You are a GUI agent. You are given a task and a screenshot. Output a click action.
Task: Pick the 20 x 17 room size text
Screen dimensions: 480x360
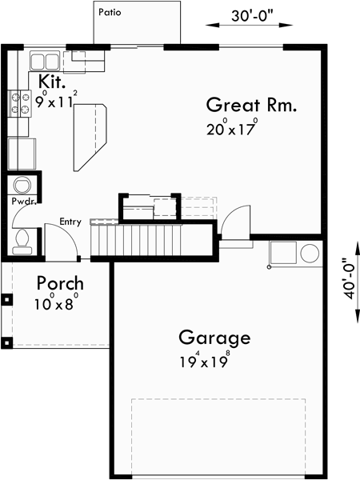coord(231,127)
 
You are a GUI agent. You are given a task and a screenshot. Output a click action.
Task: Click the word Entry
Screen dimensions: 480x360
coord(70,222)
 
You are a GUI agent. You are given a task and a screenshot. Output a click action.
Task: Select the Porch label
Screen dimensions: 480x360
coord(60,283)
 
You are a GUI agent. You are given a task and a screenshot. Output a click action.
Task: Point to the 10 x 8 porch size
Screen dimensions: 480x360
coord(56,304)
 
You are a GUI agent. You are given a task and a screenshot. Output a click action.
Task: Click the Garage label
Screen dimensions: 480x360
coord(214,337)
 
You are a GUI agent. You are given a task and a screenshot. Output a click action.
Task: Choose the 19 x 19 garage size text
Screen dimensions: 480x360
coord(206,359)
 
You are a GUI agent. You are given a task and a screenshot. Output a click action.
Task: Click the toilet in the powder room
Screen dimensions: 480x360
coord(23,238)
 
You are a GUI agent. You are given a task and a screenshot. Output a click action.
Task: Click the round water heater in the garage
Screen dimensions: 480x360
coord(310,254)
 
